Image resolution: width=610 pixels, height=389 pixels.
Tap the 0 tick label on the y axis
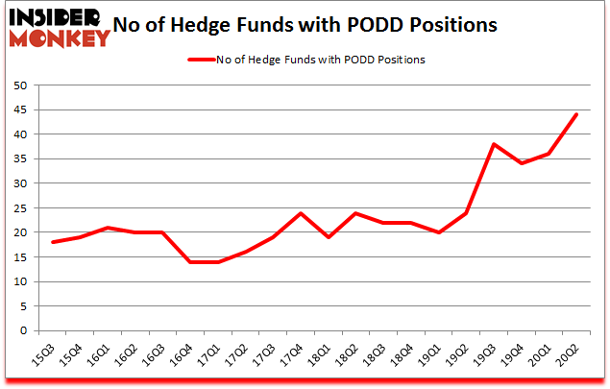[x=21, y=331]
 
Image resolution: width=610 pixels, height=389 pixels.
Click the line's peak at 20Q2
[x=576, y=114]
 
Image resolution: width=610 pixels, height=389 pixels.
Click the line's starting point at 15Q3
[x=54, y=242]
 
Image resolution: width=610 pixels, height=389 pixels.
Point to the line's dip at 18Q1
[x=329, y=237]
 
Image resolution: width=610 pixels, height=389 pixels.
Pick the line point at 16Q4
[x=191, y=262]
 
